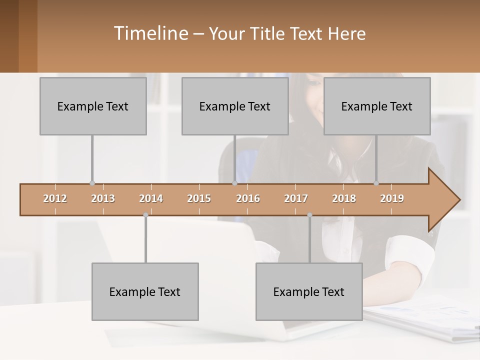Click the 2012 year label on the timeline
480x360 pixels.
pos(55,198)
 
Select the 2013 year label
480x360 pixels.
pos(103,198)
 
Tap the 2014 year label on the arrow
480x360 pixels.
pos(151,198)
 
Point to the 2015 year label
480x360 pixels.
pos(199,198)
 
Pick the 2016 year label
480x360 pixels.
pos(248,198)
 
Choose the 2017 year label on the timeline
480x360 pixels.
pos(296,198)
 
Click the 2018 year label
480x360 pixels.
pos(344,198)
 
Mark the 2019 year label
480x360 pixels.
pos(392,198)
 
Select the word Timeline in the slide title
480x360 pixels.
pos(150,33)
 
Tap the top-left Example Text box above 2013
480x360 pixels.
pos(93,106)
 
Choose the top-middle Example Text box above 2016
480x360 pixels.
pos(235,106)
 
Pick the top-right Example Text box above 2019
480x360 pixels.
pos(377,106)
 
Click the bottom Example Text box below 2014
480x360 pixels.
pos(145,291)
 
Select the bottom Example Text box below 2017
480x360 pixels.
pos(309,291)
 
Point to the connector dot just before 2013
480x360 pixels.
pos(92,183)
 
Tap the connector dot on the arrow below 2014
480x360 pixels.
pos(145,215)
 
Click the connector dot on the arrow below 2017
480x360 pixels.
pos(309,215)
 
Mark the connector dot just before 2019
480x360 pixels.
pos(376,183)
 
